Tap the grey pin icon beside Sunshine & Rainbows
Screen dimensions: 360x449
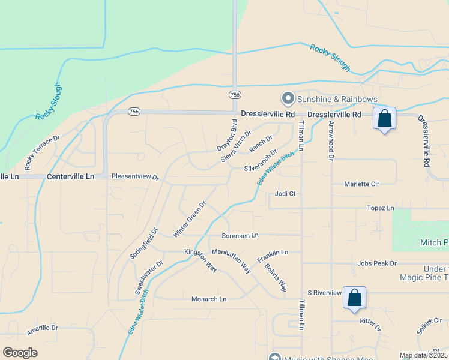click(x=288, y=98)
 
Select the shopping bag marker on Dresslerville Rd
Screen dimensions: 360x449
click(x=384, y=118)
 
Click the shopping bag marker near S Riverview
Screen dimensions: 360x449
click(x=354, y=298)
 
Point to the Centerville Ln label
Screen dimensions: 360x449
click(x=70, y=176)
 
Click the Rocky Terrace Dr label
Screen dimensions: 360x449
click(x=43, y=152)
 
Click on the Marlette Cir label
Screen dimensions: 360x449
click(x=362, y=184)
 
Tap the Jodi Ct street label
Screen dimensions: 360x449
click(x=286, y=194)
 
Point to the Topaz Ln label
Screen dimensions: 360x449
click(x=381, y=208)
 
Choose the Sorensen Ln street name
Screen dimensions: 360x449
click(x=240, y=235)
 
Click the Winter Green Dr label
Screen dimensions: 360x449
click(x=189, y=218)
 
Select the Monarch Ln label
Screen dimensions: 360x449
click(x=209, y=299)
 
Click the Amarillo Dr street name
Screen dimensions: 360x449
click(x=42, y=329)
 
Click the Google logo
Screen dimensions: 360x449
click(x=20, y=353)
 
